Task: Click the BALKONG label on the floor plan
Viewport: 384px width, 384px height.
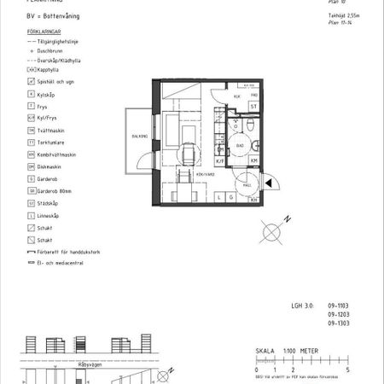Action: point(139,137)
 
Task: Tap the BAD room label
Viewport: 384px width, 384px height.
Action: point(241,145)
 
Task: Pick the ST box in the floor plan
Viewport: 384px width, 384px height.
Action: point(253,106)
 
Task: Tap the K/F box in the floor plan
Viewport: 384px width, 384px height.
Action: point(219,160)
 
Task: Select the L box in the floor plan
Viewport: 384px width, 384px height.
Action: point(219,198)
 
